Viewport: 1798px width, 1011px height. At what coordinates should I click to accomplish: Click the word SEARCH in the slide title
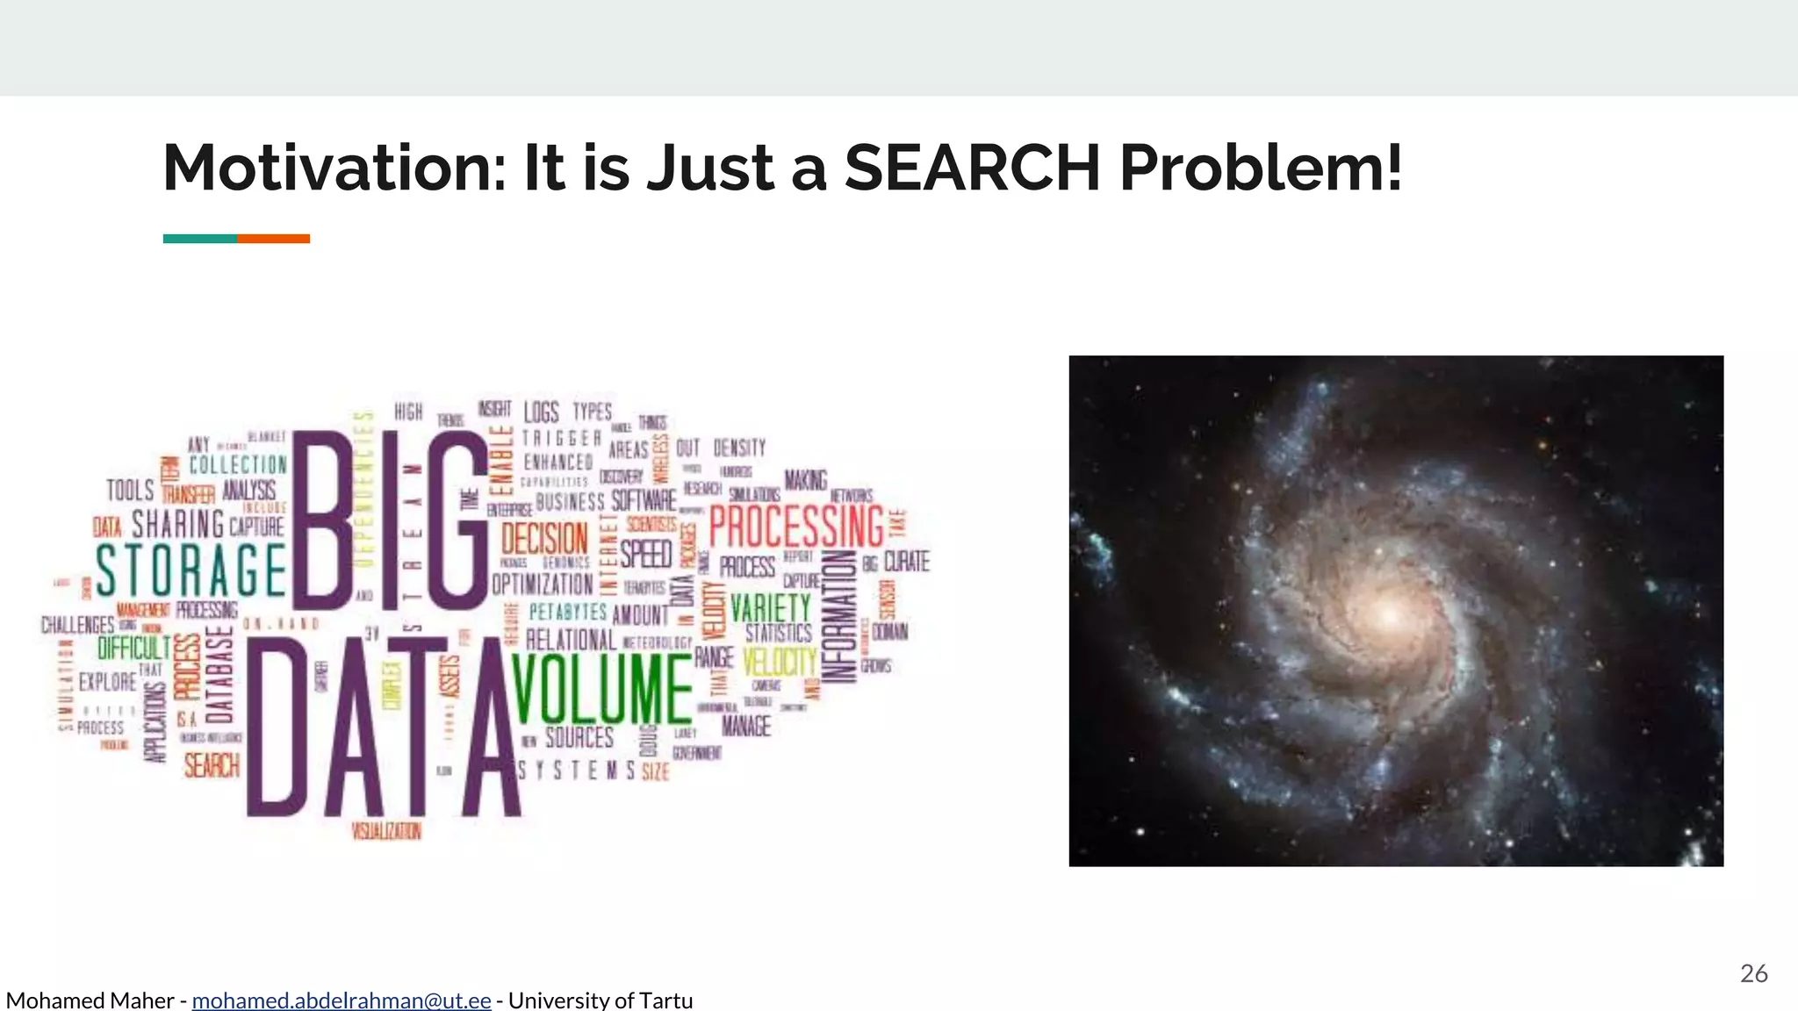(x=972, y=168)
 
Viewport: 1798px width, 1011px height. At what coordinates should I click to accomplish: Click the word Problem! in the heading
(x=1261, y=168)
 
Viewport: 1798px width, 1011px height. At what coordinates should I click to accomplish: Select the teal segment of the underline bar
(x=199, y=239)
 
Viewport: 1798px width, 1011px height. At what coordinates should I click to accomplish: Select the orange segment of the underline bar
(x=273, y=239)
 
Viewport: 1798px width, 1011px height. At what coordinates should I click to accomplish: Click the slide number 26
(x=1753, y=973)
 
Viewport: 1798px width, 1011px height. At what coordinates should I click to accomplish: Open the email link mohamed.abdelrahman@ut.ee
(x=341, y=1000)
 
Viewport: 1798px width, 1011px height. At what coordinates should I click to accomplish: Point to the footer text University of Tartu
(x=601, y=1000)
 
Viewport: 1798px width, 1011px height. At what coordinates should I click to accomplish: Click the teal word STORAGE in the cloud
(x=191, y=570)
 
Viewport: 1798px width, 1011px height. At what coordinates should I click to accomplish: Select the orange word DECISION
(x=544, y=538)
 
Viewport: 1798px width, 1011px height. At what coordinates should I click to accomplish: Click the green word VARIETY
(x=771, y=607)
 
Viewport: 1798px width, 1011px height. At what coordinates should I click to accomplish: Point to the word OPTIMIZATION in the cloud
(x=543, y=584)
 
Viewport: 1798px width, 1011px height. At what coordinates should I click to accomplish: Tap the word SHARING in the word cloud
(x=178, y=525)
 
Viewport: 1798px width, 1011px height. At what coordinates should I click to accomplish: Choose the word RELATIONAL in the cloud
(x=571, y=641)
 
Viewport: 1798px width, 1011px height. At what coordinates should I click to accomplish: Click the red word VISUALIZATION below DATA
(x=386, y=830)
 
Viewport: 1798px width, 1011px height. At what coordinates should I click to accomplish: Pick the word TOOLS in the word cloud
(x=130, y=490)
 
